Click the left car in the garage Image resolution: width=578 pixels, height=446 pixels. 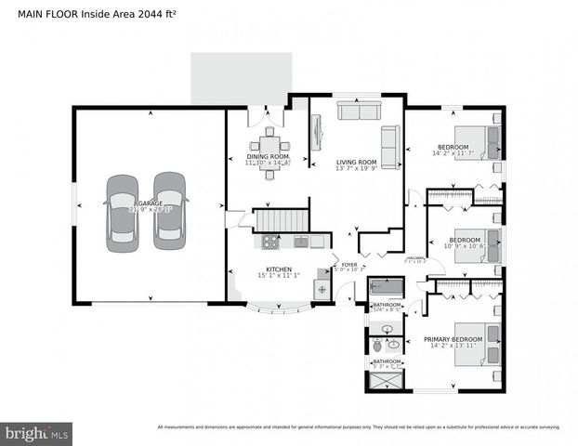click(x=122, y=212)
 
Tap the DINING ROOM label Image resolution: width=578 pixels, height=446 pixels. click(x=268, y=156)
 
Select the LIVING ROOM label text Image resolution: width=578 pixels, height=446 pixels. click(x=356, y=162)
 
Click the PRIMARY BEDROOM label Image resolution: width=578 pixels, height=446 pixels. click(x=453, y=339)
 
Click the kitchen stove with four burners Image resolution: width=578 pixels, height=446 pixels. click(x=270, y=243)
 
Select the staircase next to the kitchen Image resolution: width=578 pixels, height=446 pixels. click(x=281, y=221)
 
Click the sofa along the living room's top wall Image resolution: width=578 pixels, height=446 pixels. click(x=360, y=111)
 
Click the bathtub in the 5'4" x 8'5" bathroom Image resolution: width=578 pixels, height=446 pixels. click(x=386, y=287)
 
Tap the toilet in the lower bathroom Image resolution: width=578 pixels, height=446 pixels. click(x=377, y=346)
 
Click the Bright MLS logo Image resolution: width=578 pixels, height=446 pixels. click(x=37, y=433)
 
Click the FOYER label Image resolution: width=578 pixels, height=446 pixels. click(x=348, y=265)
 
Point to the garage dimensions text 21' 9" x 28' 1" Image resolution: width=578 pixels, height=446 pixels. click(x=149, y=210)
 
